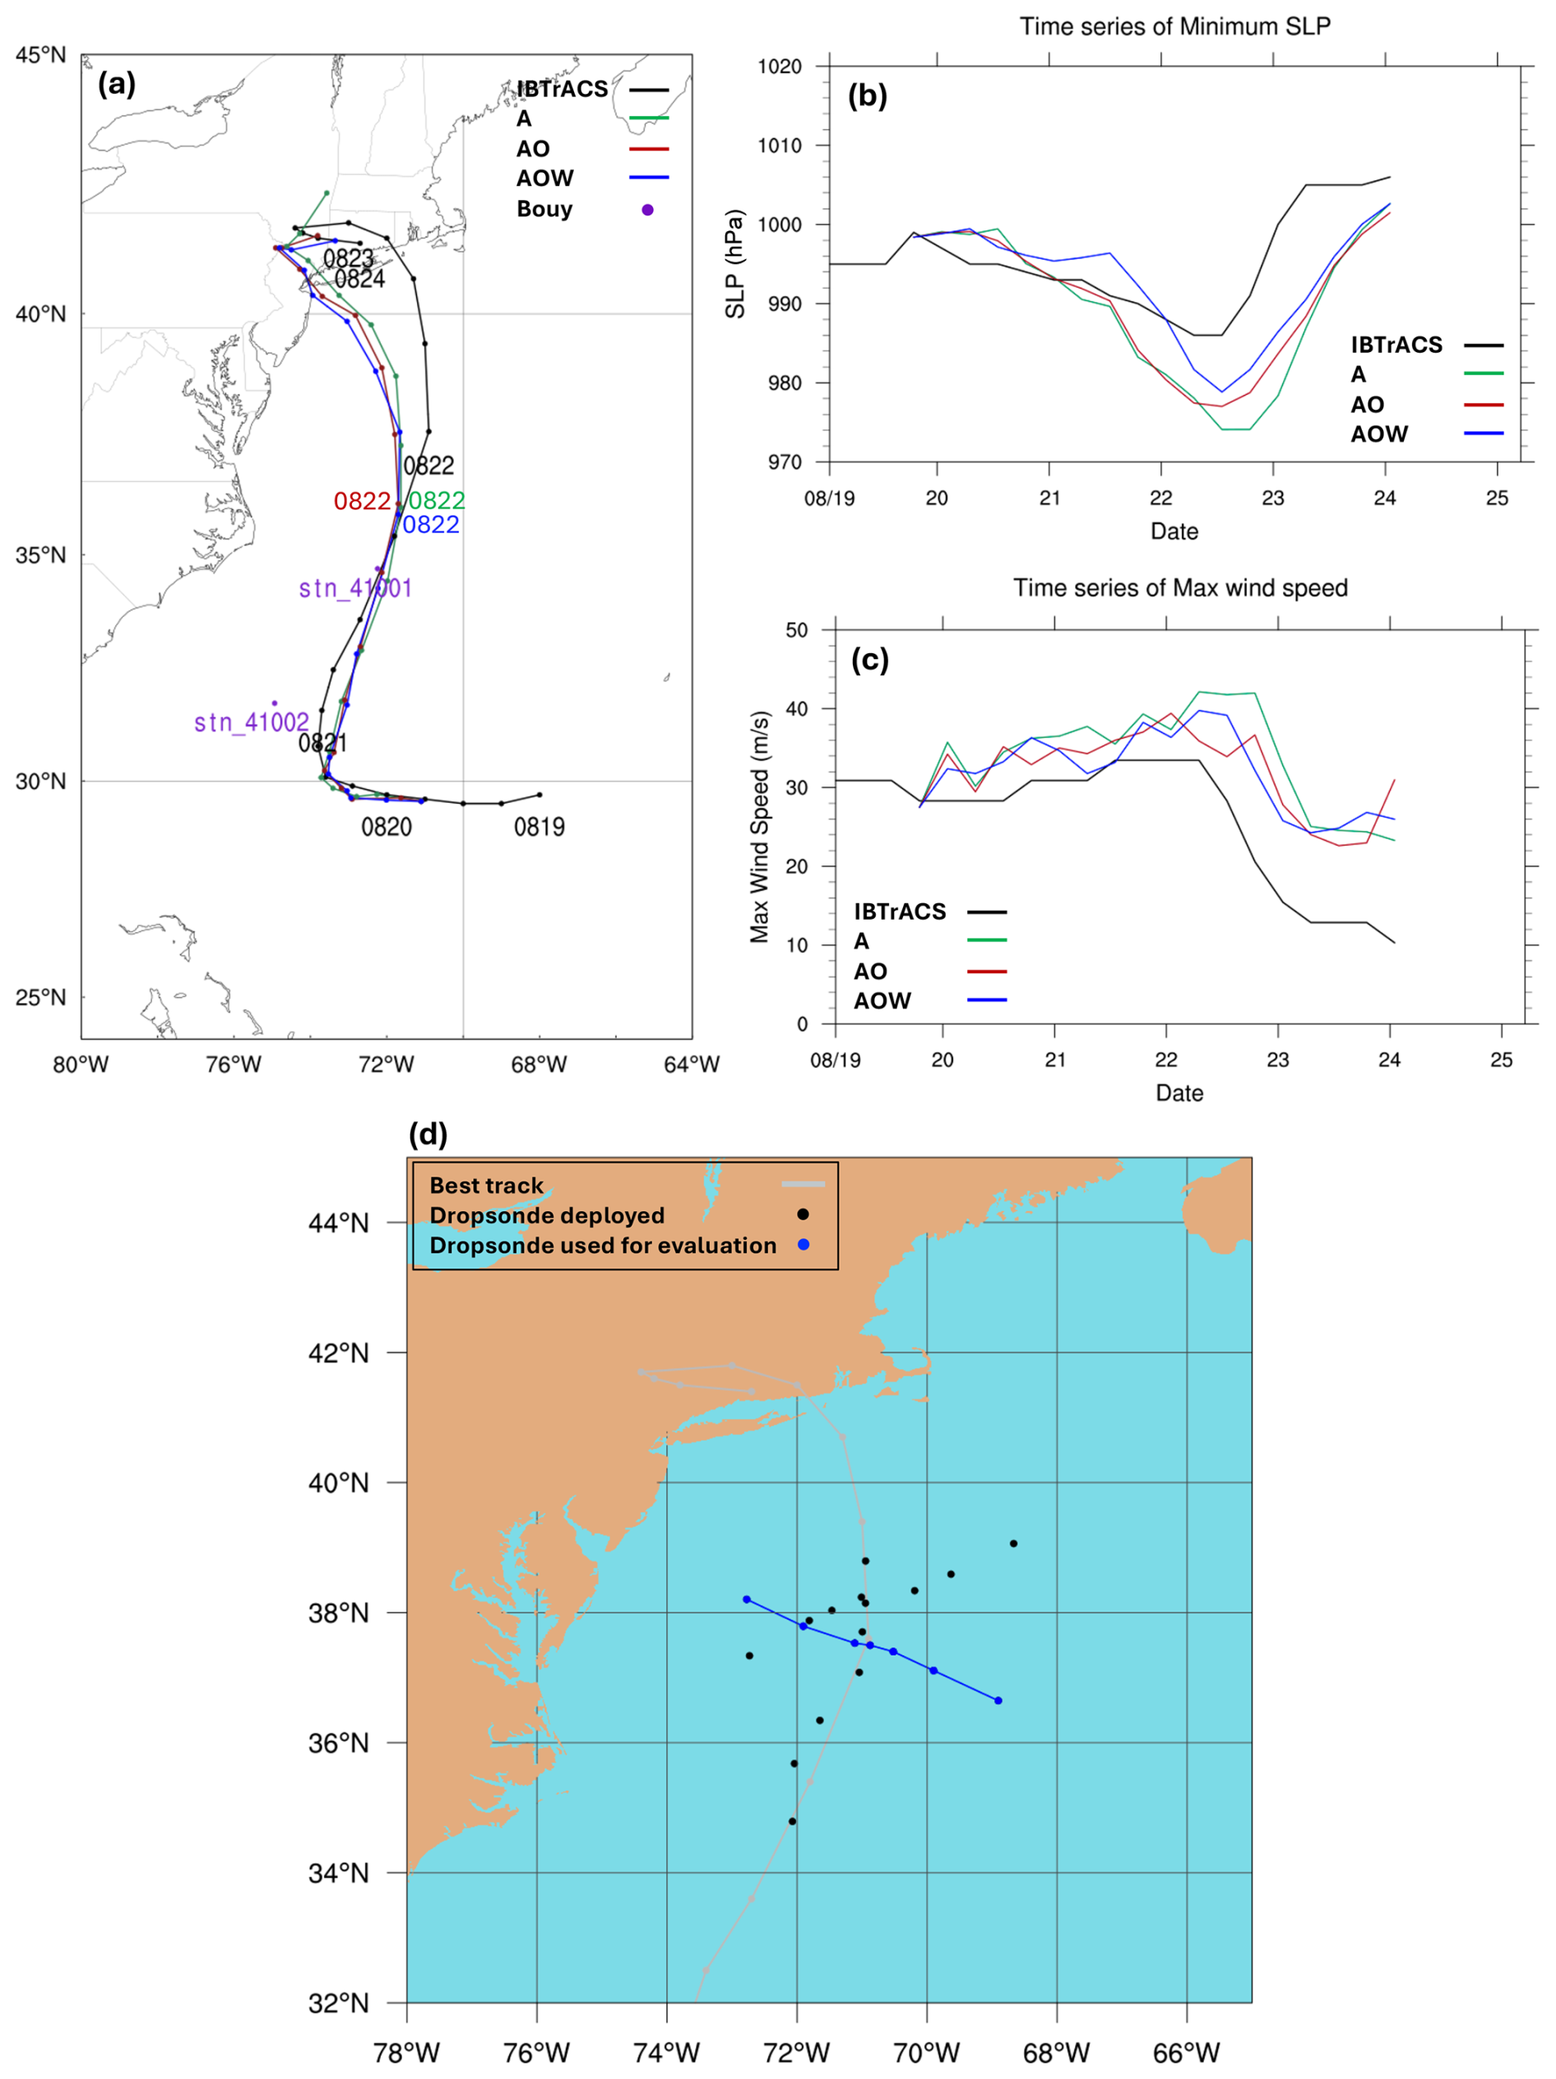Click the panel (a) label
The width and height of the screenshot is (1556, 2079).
(x=117, y=85)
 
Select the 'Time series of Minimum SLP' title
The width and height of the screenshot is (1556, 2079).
(x=1174, y=26)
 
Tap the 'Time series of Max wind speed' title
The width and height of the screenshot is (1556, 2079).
(x=1179, y=587)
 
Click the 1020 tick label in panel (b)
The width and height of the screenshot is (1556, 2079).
(x=780, y=67)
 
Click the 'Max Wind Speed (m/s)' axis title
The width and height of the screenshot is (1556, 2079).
(x=759, y=826)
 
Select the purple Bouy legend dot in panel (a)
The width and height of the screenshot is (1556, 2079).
(x=647, y=210)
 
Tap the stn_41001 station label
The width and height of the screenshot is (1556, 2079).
(x=355, y=588)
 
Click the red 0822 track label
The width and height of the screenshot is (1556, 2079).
(x=362, y=501)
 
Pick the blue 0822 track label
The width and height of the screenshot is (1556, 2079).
(x=431, y=524)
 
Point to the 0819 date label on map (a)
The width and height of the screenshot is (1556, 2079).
(x=540, y=827)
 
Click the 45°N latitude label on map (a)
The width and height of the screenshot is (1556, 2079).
(x=40, y=55)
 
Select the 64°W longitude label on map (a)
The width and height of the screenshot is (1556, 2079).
(x=691, y=1065)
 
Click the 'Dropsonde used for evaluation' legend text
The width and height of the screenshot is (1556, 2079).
(x=602, y=1246)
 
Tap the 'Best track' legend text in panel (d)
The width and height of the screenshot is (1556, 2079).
(x=487, y=1186)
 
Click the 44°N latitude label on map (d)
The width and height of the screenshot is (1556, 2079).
(x=338, y=1223)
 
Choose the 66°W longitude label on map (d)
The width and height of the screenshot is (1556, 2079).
(x=1186, y=2053)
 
